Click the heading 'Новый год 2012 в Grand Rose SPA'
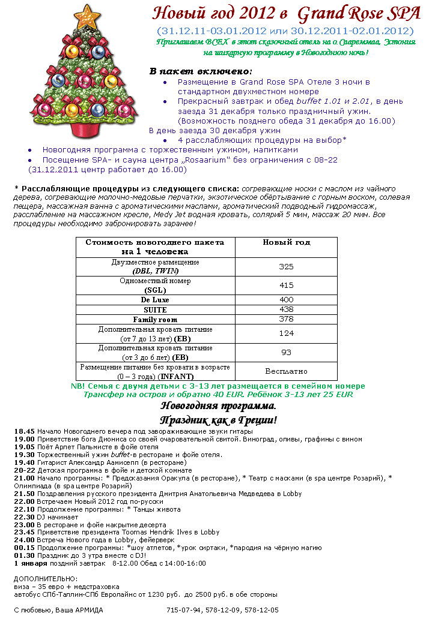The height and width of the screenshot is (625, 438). (286, 13)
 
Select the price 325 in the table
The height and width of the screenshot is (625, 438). (286, 266)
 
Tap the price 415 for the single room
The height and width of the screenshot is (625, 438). (286, 285)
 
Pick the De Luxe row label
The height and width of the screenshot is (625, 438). (155, 299)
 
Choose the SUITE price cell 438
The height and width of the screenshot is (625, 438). (286, 309)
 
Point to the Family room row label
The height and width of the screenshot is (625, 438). (155, 319)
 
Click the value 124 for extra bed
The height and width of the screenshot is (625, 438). (286, 333)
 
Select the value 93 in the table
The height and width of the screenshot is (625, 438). (286, 352)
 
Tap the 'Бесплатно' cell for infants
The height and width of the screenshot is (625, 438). (286, 371)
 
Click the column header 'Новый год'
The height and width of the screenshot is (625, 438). (286, 242)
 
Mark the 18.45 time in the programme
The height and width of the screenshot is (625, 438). (24, 431)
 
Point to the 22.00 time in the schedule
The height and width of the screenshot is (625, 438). (24, 501)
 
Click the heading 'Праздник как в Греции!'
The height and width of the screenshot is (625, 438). (218, 420)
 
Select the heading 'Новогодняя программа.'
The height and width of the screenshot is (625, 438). (217, 406)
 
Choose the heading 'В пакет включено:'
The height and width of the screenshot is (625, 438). (192, 71)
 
